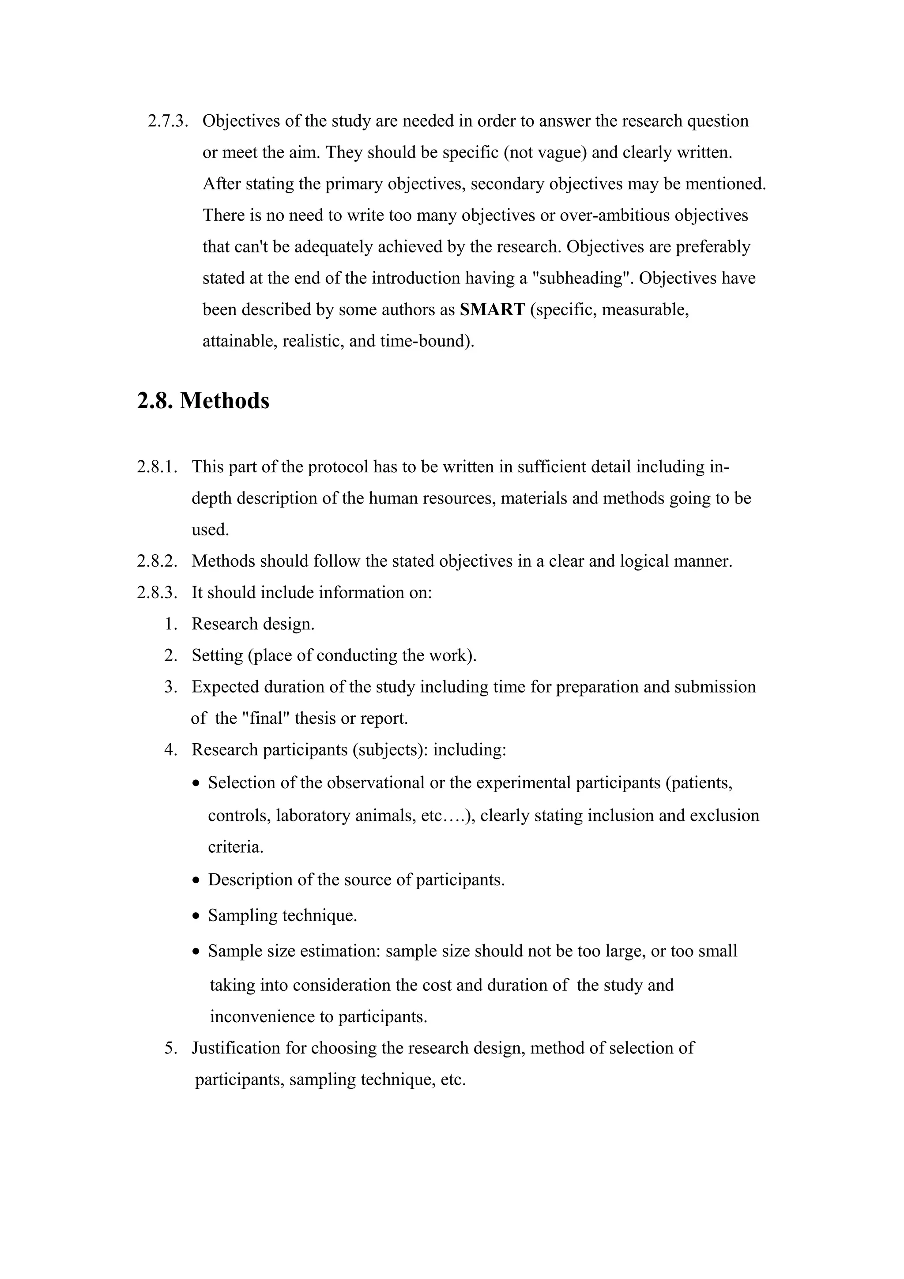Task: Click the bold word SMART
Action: click(x=492, y=309)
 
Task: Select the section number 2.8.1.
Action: click(x=157, y=467)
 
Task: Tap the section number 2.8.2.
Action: click(x=157, y=561)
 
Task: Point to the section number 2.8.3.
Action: click(x=157, y=592)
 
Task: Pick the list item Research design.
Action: click(x=253, y=624)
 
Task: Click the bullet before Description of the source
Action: click(x=196, y=881)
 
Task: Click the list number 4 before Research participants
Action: click(x=170, y=750)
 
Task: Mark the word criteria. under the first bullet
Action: click(x=236, y=847)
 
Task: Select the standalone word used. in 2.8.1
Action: click(x=210, y=529)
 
